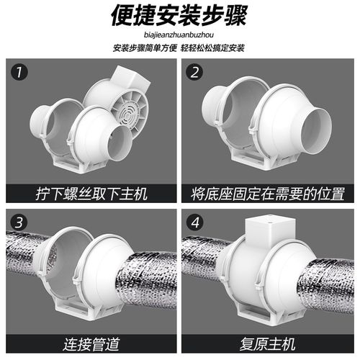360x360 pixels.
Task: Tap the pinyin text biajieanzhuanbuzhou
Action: click(179, 34)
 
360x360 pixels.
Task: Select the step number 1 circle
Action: click(21, 73)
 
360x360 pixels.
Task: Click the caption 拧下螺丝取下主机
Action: click(91, 193)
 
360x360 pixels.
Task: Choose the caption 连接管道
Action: click(91, 341)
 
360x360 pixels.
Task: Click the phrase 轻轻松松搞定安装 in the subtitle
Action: click(213, 48)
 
